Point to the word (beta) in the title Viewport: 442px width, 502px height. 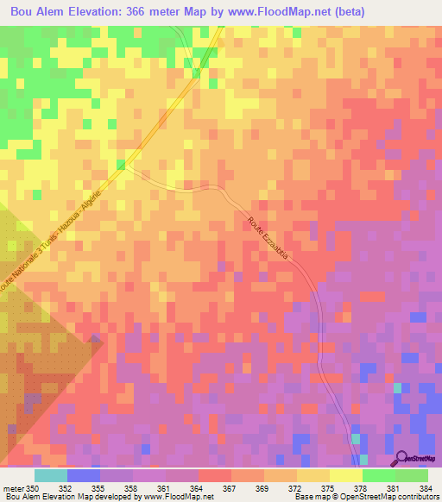coord(344,12)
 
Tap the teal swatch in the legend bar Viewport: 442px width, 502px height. coord(51,475)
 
